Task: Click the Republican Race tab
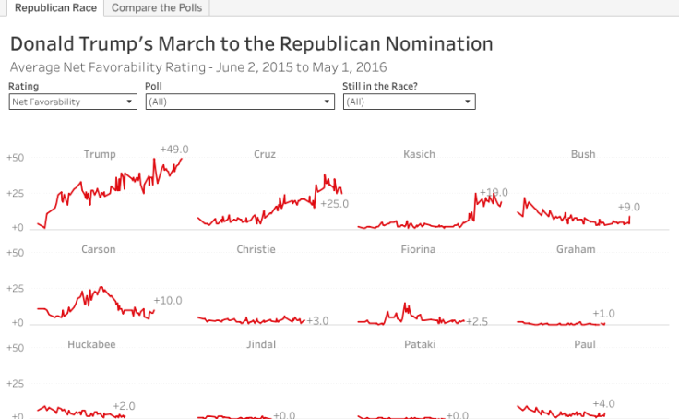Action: click(53, 8)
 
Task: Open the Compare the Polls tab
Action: click(156, 8)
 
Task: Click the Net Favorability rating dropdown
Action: click(73, 102)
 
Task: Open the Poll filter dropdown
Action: click(239, 102)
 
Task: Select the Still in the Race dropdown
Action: click(409, 102)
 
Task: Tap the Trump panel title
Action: click(100, 154)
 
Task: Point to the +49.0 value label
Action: click(173, 149)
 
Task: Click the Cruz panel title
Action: click(264, 154)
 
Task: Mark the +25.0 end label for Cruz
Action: click(334, 203)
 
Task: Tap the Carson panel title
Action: click(99, 249)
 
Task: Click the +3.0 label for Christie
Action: click(316, 320)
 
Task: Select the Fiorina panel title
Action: click(418, 249)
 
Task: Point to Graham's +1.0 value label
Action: click(603, 314)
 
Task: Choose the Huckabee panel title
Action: click(91, 344)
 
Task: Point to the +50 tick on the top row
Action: click(15, 158)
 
